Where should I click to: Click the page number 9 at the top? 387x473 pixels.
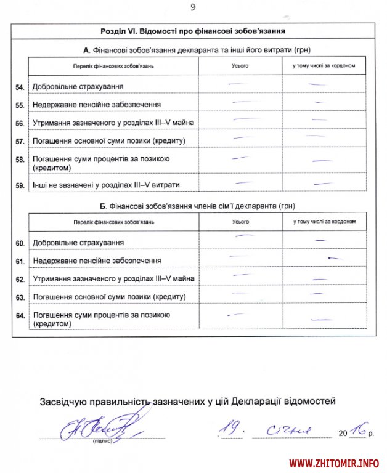click(193, 7)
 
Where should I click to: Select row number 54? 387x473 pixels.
click(20, 87)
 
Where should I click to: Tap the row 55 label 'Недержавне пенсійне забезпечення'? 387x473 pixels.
click(97, 105)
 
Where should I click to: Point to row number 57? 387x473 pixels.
click(20, 141)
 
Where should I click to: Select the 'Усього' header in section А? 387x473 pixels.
click(240, 65)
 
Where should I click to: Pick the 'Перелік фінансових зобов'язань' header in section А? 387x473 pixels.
click(113, 65)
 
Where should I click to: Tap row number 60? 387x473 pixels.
click(20, 243)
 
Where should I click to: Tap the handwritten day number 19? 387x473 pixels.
click(231, 427)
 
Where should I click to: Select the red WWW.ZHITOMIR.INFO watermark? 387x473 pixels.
click(334, 463)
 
